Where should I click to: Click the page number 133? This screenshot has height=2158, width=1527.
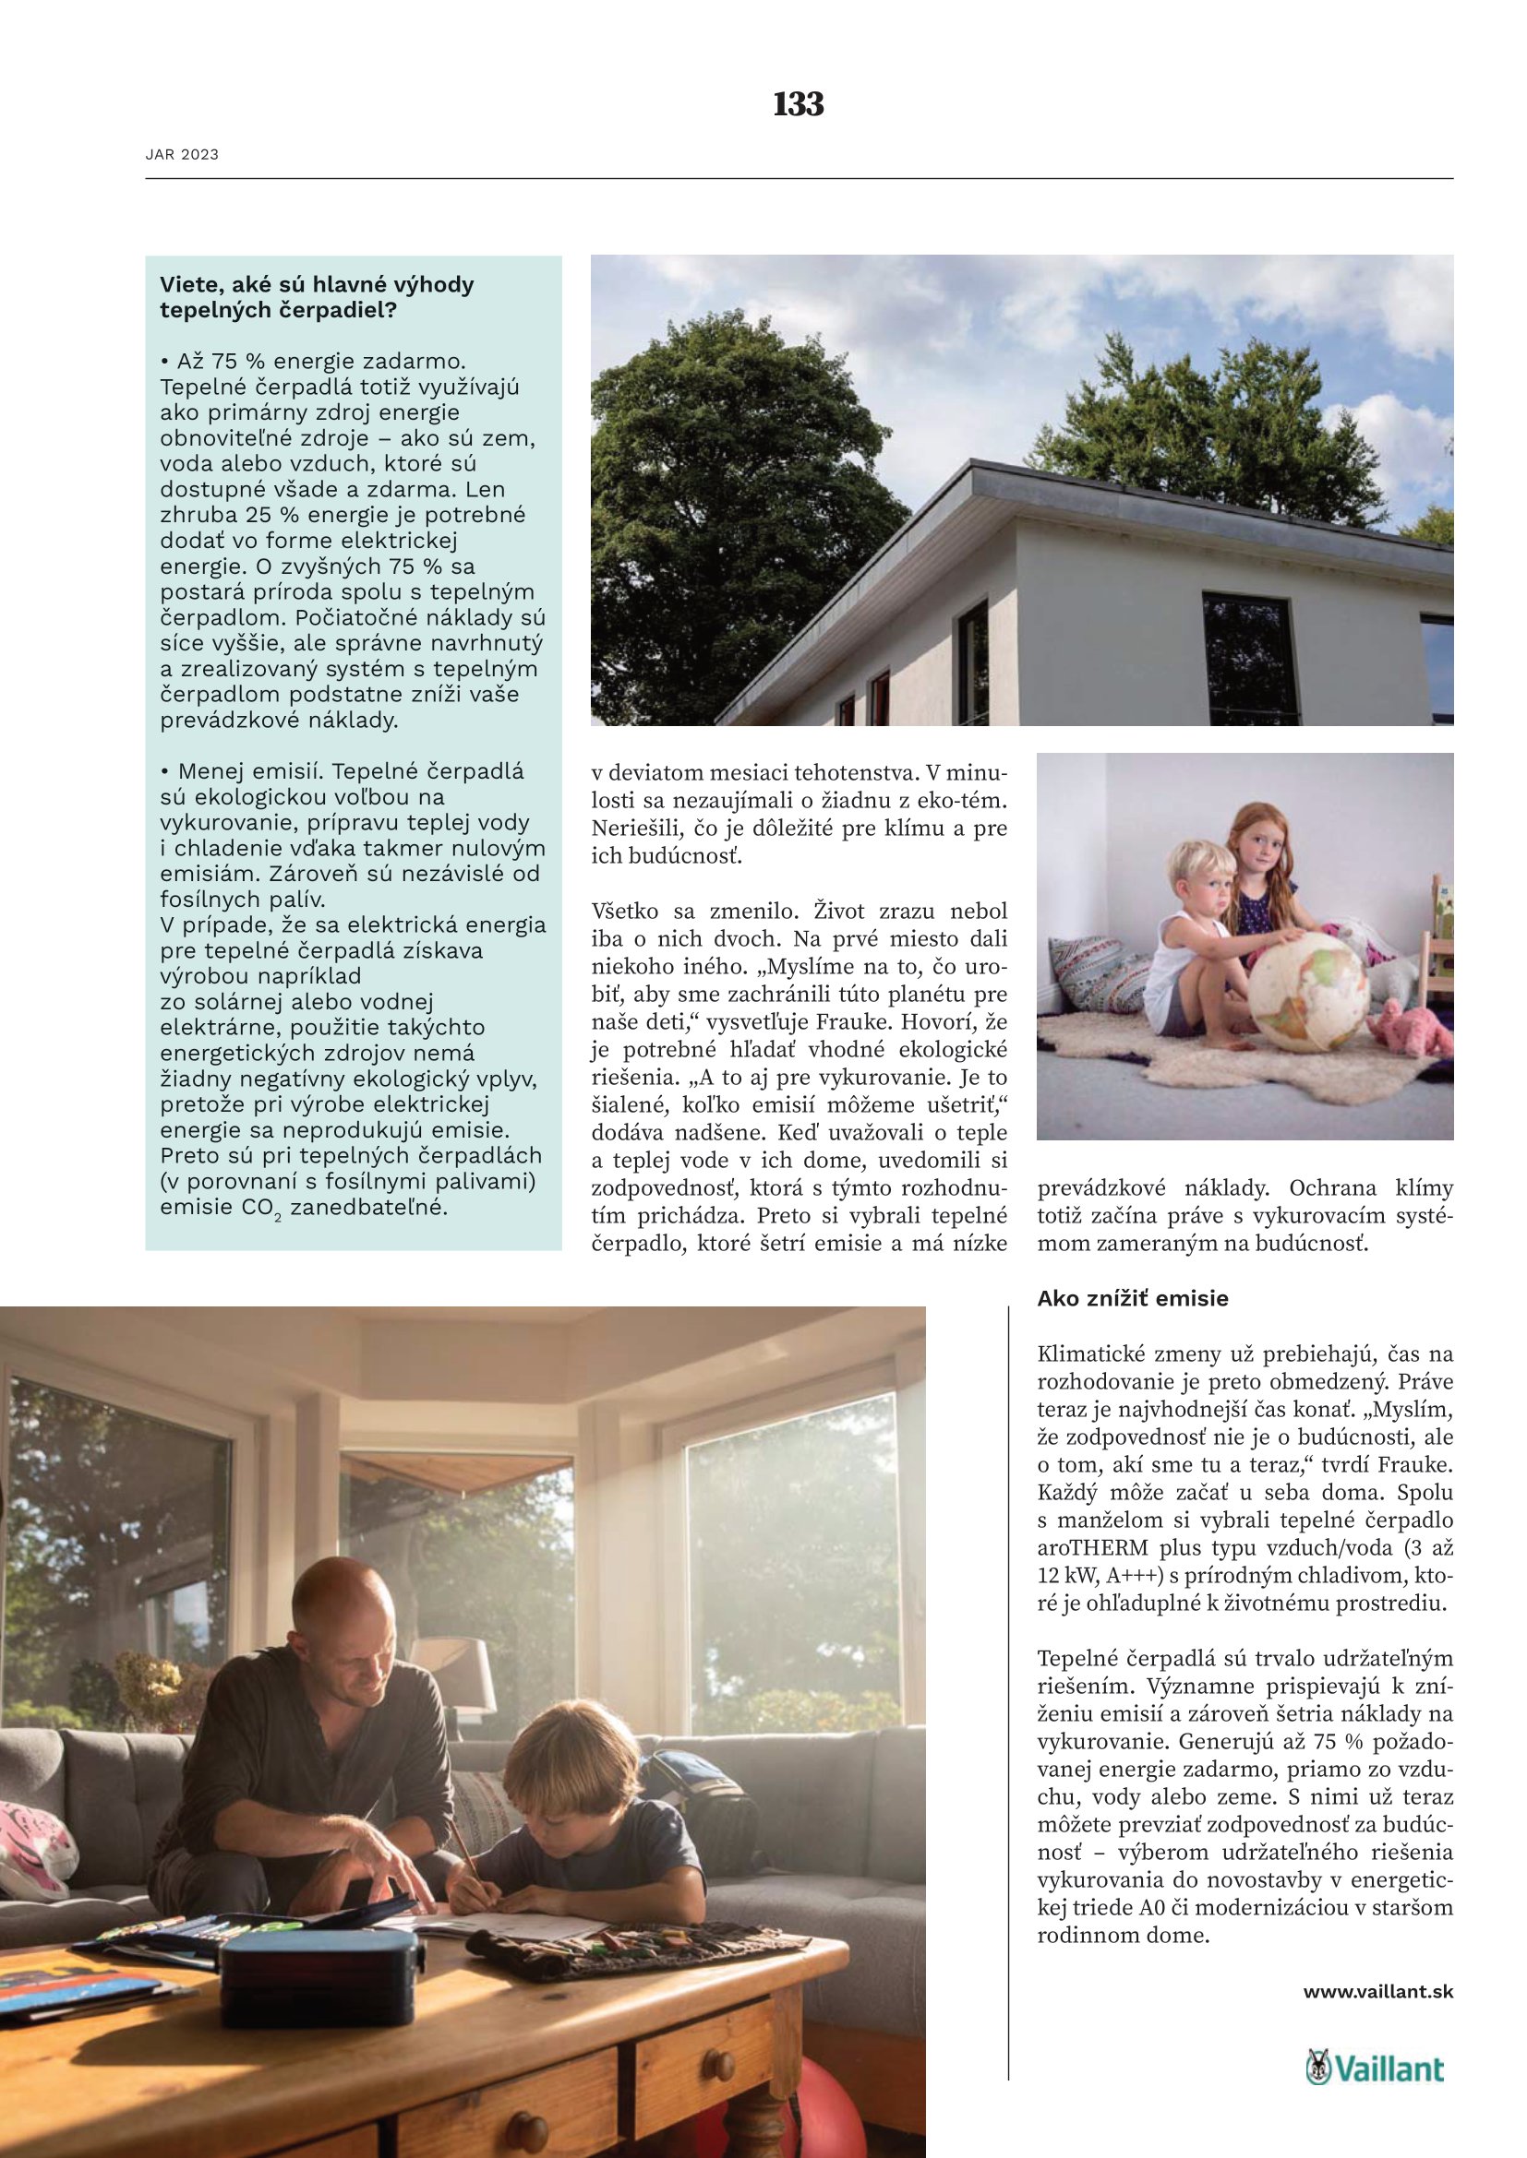tap(799, 103)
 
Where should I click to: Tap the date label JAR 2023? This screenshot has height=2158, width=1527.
tap(182, 155)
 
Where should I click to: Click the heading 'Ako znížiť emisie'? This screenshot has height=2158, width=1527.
tap(1132, 1298)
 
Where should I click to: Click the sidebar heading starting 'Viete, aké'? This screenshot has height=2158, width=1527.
tap(317, 297)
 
